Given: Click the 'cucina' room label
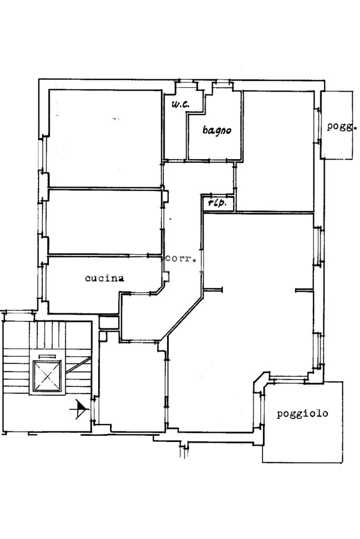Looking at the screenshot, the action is pyautogui.click(x=105, y=278).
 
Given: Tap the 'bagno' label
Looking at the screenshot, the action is pyautogui.click(x=217, y=130).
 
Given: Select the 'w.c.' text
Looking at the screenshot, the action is pyautogui.click(x=180, y=104).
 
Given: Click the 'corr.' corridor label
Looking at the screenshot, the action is pyautogui.click(x=181, y=259).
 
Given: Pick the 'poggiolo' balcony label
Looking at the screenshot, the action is pyautogui.click(x=303, y=414).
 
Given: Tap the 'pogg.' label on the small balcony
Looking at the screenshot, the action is pyautogui.click(x=342, y=126).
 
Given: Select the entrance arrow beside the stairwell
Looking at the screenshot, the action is pyautogui.click(x=81, y=407).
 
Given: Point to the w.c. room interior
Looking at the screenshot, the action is pyautogui.click(x=176, y=132).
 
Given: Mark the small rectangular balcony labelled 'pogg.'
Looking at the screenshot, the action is pyautogui.click(x=337, y=125).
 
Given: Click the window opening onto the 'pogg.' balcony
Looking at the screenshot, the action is pyautogui.click(x=319, y=124).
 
